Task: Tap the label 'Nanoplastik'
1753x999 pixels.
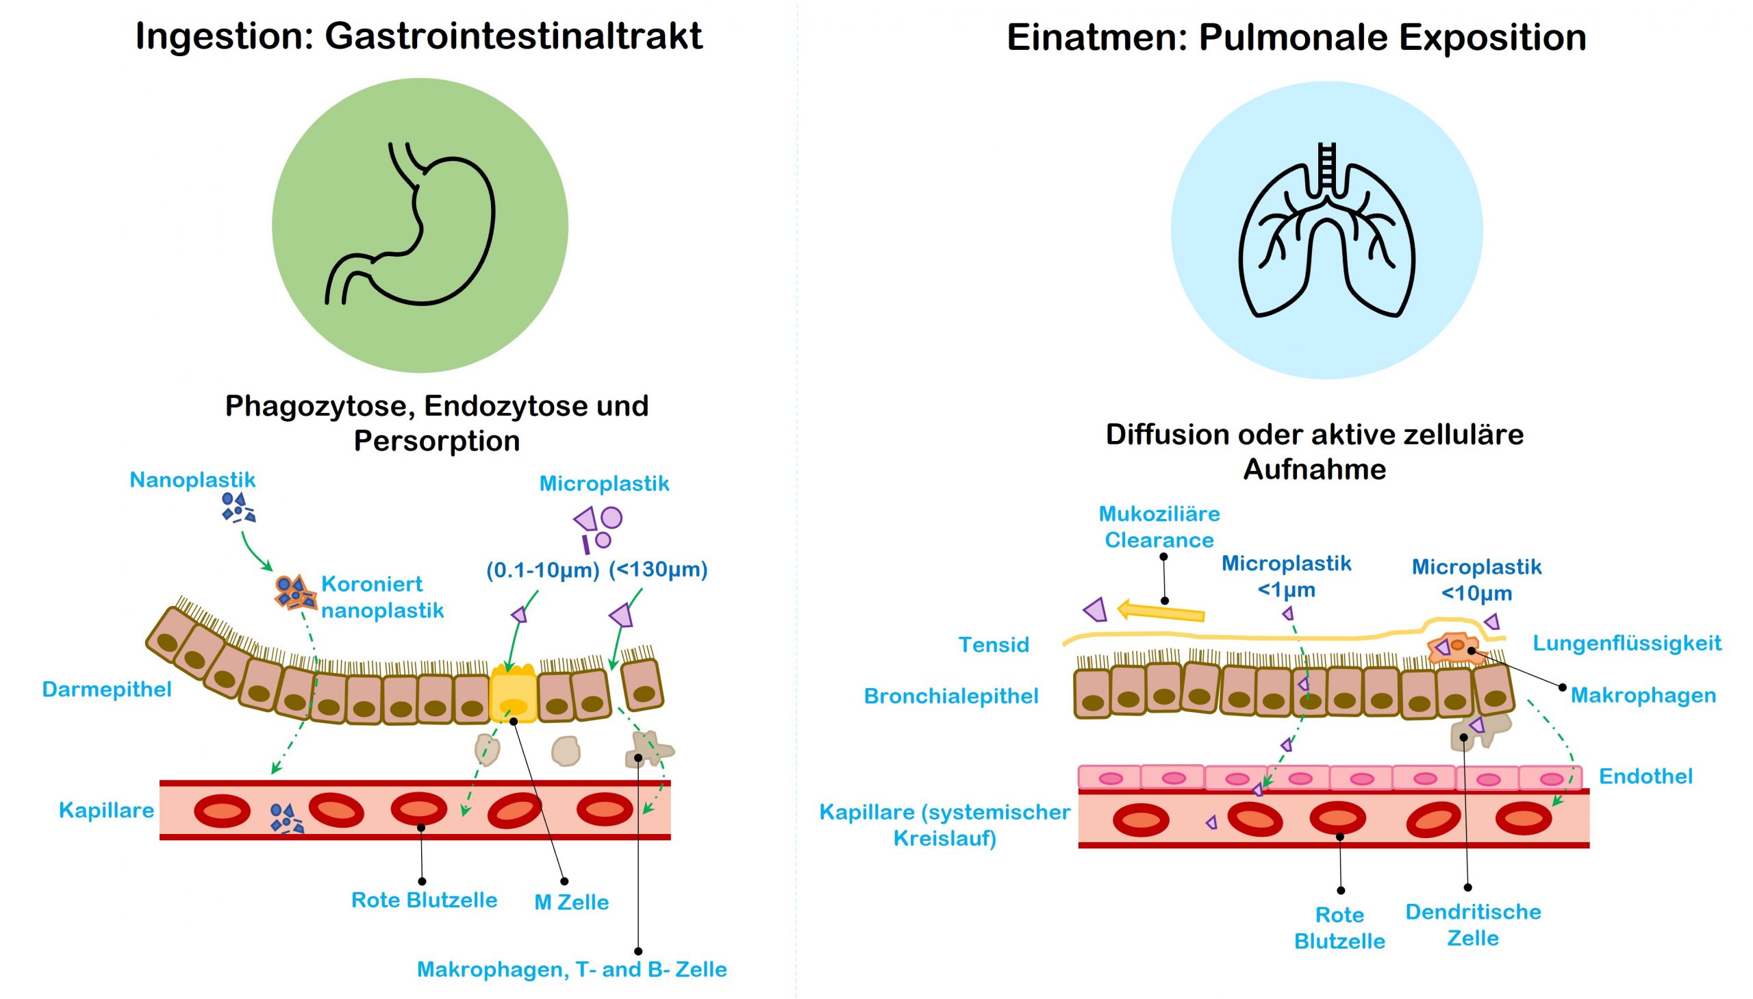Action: click(x=192, y=479)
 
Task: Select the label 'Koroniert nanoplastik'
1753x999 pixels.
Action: click(x=381, y=597)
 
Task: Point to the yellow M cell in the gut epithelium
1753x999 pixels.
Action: click(x=513, y=694)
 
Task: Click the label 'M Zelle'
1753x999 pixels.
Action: click(x=571, y=902)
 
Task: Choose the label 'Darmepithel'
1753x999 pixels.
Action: click(x=106, y=689)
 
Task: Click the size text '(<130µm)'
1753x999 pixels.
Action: click(x=658, y=569)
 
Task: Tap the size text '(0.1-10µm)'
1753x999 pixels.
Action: click(x=543, y=570)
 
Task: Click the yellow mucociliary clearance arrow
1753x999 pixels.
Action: click(x=1161, y=611)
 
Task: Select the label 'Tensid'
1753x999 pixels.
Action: click(x=994, y=644)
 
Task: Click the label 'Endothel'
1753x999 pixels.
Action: click(x=1645, y=776)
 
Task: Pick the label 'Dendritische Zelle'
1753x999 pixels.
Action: click(x=1473, y=924)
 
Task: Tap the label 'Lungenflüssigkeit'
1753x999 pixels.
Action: click(x=1627, y=643)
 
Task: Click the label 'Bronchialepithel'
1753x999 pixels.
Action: click(x=951, y=696)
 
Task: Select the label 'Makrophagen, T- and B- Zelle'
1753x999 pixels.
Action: click(x=572, y=970)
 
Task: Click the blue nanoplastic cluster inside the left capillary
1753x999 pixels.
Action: click(x=286, y=818)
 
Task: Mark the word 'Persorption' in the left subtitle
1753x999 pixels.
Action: click(x=436, y=440)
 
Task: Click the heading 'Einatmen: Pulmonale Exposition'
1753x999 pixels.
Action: click(x=1296, y=37)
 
